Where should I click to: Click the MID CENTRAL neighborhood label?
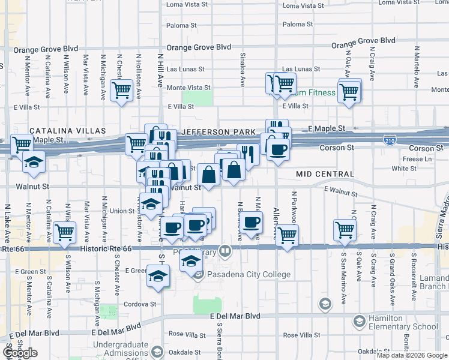click(325, 174)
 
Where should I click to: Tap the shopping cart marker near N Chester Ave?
click(122, 91)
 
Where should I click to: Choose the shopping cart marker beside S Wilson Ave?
click(65, 232)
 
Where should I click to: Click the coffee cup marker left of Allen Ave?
click(252, 222)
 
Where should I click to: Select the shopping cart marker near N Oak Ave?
click(349, 92)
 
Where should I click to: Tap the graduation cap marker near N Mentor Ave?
click(34, 162)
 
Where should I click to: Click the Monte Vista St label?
click(188, 88)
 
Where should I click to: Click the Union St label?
click(122, 211)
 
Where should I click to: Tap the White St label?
click(417, 169)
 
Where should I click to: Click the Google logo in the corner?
click(20, 353)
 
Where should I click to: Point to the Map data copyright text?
click(411, 355)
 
